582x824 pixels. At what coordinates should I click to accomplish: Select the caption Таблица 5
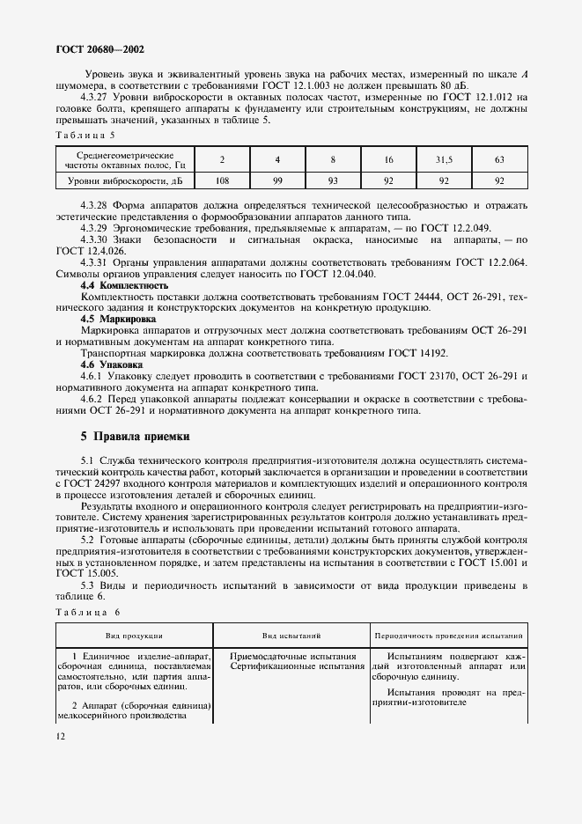tap(85, 135)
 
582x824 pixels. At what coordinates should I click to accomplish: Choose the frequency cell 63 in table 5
tap(499, 159)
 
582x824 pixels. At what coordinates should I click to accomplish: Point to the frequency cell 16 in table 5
tap(388, 159)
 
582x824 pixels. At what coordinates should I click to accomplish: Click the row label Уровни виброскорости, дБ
tap(114, 180)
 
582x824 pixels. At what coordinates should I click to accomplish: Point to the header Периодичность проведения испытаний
tap(449, 635)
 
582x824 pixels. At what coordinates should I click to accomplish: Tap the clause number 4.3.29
tap(94, 227)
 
